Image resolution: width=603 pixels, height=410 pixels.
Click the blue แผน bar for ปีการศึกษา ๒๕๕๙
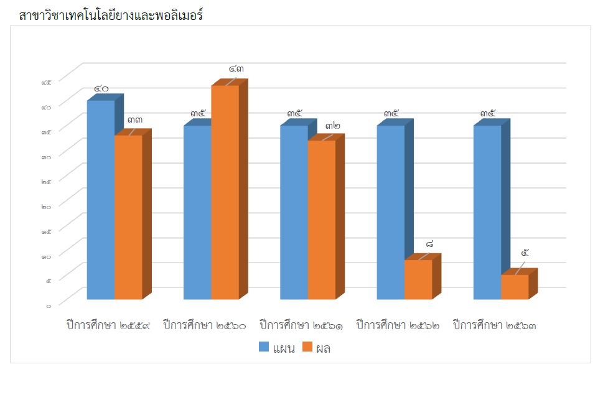[100, 199]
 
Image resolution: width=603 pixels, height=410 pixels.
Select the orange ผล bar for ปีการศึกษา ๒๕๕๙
[128, 217]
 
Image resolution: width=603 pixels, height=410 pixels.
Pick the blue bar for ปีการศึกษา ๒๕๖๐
[197, 212]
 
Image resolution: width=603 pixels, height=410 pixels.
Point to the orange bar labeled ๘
[418, 279]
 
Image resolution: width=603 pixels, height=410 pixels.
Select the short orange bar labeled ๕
[515, 287]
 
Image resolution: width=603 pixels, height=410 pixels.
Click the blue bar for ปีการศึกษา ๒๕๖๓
[487, 212]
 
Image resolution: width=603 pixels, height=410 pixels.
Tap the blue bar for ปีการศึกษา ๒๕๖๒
[391, 212]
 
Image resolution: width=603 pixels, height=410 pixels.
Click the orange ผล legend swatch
[307, 348]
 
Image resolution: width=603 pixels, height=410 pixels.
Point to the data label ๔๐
[101, 89]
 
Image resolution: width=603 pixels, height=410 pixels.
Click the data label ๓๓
[135, 120]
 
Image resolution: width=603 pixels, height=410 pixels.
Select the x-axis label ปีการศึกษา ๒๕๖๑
[301, 325]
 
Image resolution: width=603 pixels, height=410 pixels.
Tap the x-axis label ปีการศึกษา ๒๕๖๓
[495, 325]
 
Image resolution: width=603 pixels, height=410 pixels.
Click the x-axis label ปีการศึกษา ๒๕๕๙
[108, 325]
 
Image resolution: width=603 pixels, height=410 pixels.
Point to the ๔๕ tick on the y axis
[47, 82]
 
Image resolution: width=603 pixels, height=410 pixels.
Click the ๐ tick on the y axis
[48, 305]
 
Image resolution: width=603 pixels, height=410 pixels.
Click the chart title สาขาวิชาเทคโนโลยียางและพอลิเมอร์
[112, 16]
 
